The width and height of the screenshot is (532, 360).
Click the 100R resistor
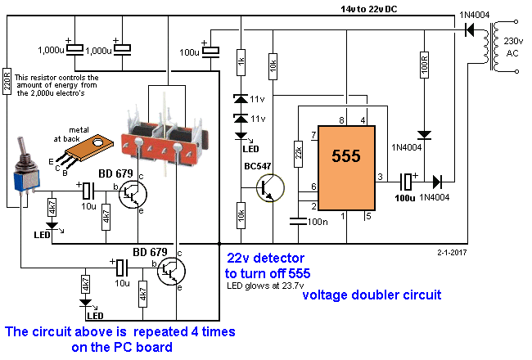[424, 65]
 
